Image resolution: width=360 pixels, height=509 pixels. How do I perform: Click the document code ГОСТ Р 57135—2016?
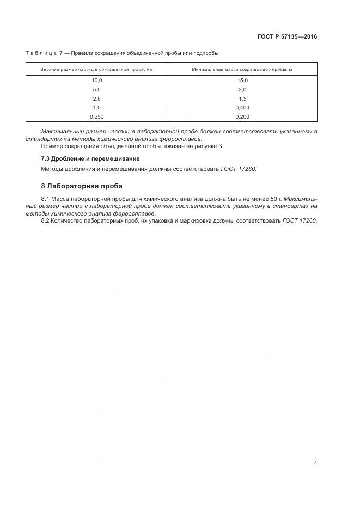tap(287, 37)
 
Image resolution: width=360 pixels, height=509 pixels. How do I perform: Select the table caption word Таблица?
tap(41, 53)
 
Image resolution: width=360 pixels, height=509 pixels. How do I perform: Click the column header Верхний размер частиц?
tap(96, 70)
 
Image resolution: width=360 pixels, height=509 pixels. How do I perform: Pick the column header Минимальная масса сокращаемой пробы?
tap(242, 70)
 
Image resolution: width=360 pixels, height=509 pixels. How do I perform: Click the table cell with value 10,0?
tap(96, 80)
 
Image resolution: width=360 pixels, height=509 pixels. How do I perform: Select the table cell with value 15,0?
tap(242, 80)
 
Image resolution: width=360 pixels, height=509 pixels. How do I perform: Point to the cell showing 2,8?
tap(96, 98)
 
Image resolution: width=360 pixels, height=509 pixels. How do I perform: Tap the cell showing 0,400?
tap(242, 107)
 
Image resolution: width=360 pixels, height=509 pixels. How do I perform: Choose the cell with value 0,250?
tap(96, 116)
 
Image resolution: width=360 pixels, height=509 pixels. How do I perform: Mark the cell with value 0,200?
tap(242, 116)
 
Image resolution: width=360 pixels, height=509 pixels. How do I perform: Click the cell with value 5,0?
tap(96, 89)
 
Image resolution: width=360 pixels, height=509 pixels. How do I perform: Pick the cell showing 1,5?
tap(242, 98)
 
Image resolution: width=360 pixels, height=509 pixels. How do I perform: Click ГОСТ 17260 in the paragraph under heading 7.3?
tap(238, 169)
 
